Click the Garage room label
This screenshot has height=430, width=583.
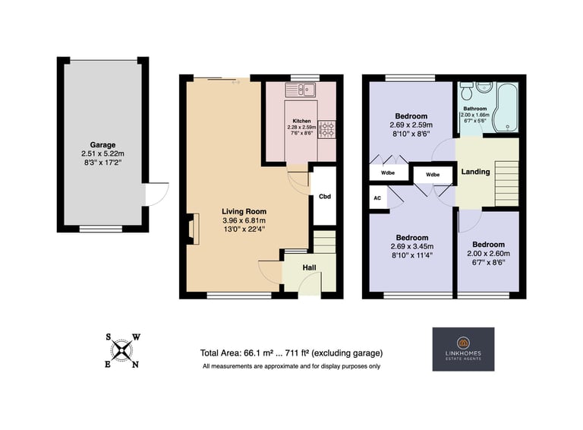(102, 144)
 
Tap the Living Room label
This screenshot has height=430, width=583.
(244, 211)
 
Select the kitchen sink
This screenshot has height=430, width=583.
(301, 90)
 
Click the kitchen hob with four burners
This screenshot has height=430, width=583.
(326, 129)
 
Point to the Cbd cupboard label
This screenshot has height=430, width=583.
(325, 197)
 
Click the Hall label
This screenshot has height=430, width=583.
(310, 267)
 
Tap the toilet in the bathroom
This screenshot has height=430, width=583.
(466, 90)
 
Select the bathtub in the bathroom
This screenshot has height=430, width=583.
(505, 108)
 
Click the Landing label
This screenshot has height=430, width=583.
(475, 172)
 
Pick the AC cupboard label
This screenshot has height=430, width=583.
(377, 198)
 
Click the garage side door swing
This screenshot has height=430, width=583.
(157, 194)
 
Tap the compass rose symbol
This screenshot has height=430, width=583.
(121, 351)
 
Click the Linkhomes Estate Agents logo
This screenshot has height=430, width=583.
(463, 349)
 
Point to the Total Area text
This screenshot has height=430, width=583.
(291, 353)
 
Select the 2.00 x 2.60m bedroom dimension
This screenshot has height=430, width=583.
(488, 254)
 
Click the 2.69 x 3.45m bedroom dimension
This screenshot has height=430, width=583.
(412, 246)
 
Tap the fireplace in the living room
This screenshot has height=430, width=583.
(194, 229)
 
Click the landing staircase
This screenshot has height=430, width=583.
(506, 183)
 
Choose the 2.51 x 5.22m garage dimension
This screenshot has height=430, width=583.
(102, 153)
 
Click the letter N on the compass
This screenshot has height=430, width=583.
(135, 365)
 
